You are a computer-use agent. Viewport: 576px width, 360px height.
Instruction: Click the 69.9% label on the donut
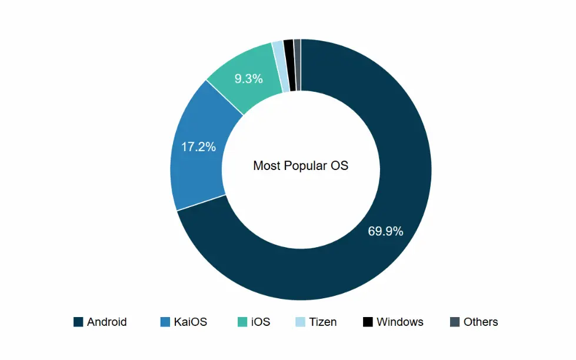(385, 231)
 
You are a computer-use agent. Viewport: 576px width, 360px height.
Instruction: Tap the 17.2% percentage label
(198, 147)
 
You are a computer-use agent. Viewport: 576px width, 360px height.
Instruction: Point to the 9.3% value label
(248, 78)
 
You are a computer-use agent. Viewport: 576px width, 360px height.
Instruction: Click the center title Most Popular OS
(300, 166)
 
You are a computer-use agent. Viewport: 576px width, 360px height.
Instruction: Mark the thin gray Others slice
(298, 65)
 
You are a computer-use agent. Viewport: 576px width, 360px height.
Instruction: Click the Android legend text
(106, 322)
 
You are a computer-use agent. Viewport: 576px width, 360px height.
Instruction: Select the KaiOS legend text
(190, 322)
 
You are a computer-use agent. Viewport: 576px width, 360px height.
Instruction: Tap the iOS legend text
(260, 322)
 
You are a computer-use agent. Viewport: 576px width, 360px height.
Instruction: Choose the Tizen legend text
(322, 322)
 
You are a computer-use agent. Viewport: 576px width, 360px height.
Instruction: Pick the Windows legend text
(399, 322)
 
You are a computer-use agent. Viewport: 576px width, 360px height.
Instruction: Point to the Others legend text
(480, 322)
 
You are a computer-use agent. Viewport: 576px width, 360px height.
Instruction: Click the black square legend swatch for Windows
(367, 322)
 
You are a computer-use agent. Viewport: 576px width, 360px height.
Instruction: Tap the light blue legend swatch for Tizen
(299, 322)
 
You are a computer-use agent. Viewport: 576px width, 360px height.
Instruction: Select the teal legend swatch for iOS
(242, 322)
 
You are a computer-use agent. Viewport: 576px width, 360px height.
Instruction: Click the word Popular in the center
(304, 166)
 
